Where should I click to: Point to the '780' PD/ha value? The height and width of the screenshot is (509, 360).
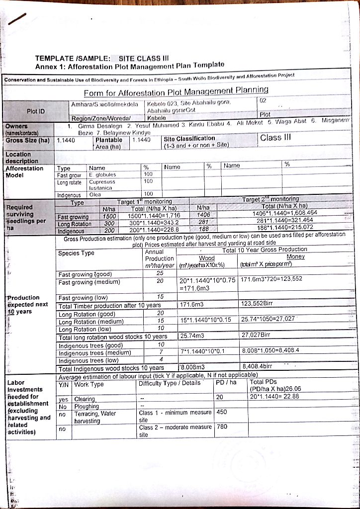click(222, 426)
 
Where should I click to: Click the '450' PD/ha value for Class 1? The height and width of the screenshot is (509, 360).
click(222, 412)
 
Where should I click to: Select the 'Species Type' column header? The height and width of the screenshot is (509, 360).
click(76, 253)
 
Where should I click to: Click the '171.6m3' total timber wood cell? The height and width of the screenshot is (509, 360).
click(190, 303)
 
